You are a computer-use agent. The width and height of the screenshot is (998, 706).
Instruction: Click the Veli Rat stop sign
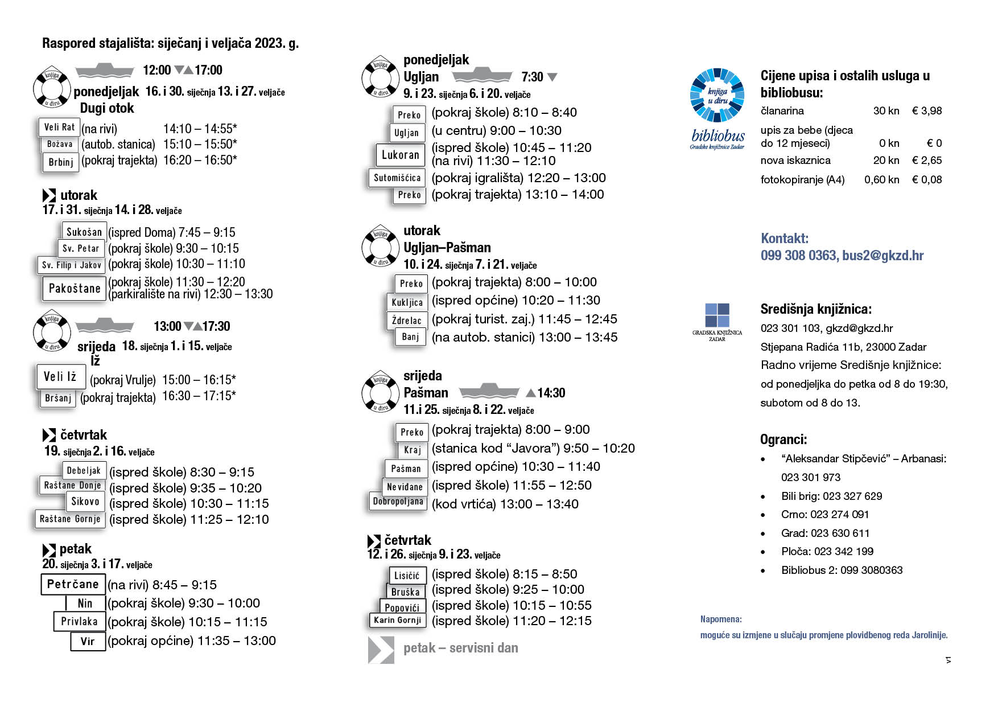pyautogui.click(x=59, y=127)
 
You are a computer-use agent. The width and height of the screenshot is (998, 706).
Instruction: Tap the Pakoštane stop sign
pyautogui.click(x=75, y=289)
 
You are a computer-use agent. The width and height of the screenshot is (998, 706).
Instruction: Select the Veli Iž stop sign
pyautogui.click(x=60, y=376)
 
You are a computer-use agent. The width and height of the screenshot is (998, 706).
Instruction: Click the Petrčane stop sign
pyautogui.click(x=73, y=584)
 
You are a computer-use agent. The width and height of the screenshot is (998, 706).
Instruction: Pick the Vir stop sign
pyautogui.click(x=88, y=641)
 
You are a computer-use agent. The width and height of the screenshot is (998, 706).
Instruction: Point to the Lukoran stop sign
pyautogui.click(x=400, y=155)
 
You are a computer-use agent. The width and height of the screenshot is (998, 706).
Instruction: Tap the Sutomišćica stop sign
pyautogui.click(x=397, y=178)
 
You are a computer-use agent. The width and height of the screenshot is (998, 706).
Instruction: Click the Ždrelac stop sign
pyautogui.click(x=406, y=321)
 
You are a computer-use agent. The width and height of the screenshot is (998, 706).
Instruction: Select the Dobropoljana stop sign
pyautogui.click(x=398, y=502)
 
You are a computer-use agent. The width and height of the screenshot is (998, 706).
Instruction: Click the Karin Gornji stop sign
pyautogui.click(x=397, y=620)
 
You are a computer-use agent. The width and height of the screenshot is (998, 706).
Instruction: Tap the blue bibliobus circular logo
pyautogui.click(x=717, y=95)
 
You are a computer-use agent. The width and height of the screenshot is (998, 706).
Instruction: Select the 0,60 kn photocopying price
pyautogui.click(x=881, y=180)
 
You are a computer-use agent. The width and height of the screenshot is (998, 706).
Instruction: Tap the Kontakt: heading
pyautogui.click(x=784, y=239)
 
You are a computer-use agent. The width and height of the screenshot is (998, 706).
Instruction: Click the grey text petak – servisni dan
pyautogui.click(x=460, y=648)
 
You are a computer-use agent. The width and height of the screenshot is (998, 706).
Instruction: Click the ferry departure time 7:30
pyautogui.click(x=532, y=77)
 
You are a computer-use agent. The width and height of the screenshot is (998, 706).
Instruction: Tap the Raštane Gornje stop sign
pyautogui.click(x=70, y=519)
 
